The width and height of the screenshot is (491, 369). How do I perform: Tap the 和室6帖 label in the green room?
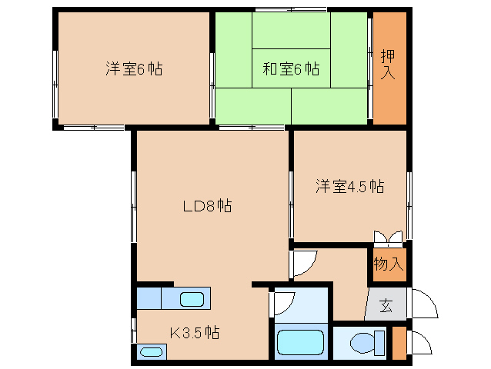[292, 69]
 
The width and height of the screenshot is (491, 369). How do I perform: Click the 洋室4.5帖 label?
[349, 186]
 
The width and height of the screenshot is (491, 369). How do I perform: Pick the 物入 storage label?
[389, 264]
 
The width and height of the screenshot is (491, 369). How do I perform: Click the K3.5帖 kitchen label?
[195, 333]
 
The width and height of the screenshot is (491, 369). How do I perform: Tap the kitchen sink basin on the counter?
[192, 300]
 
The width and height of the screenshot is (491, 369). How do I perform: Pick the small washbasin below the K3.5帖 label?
[152, 352]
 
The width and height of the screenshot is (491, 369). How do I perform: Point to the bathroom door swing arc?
[284, 302]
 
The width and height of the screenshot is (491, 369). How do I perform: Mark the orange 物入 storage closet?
[389, 264]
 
